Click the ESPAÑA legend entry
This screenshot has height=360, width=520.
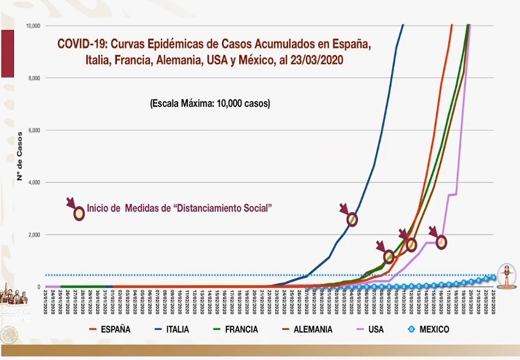click(115, 329)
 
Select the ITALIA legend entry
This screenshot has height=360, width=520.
click(177, 329)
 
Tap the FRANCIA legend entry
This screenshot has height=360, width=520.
click(241, 329)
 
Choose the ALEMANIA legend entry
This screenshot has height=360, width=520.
click(313, 329)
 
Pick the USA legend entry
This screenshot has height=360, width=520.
click(376, 329)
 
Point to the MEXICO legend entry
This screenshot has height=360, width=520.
click(434, 329)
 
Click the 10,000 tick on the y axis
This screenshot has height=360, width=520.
click(32, 26)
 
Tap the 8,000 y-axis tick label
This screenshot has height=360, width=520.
click(34, 78)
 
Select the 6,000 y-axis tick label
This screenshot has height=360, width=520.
click(34, 130)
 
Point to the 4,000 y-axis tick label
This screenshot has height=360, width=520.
click(34, 183)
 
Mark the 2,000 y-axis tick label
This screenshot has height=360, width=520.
click(34, 235)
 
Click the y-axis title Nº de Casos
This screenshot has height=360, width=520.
click(19, 156)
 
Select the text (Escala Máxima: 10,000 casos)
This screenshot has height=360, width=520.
click(210, 104)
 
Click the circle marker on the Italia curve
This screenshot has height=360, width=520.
click(352, 219)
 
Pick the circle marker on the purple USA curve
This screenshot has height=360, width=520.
click(441, 243)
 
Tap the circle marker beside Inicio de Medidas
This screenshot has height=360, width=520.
click(79, 214)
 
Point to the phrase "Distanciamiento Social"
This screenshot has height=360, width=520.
click(223, 208)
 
